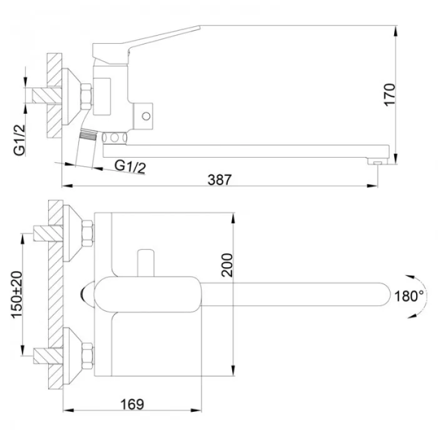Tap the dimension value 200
[228, 265]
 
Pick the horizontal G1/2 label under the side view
[130, 166]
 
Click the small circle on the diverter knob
[146, 116]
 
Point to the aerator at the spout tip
[376, 162]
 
